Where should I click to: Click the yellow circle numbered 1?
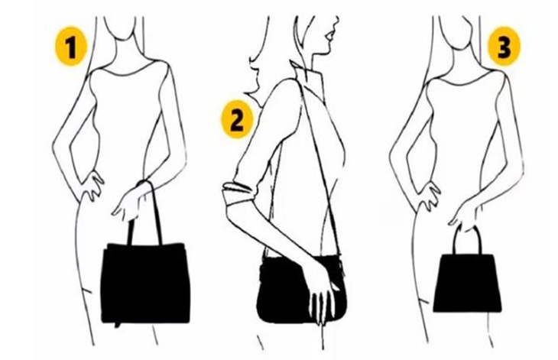pyautogui.click(x=70, y=49)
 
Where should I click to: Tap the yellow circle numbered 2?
pyautogui.click(x=236, y=119)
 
